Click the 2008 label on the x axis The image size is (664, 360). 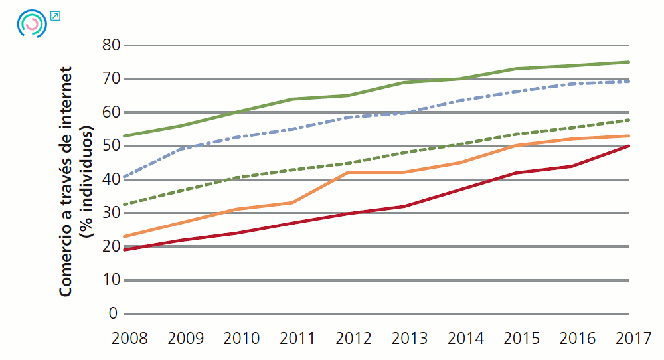click(x=129, y=339)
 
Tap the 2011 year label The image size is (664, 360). click(x=297, y=339)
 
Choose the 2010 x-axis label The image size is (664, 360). click(x=241, y=339)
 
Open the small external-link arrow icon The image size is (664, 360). click(x=55, y=15)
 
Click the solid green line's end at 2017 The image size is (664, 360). click(x=629, y=62)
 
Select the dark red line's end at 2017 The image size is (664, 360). click(x=629, y=146)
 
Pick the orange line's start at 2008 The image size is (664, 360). click(x=125, y=236)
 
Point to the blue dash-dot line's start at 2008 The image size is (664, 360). click(x=125, y=177)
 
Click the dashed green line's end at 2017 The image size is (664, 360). click(x=629, y=120)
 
